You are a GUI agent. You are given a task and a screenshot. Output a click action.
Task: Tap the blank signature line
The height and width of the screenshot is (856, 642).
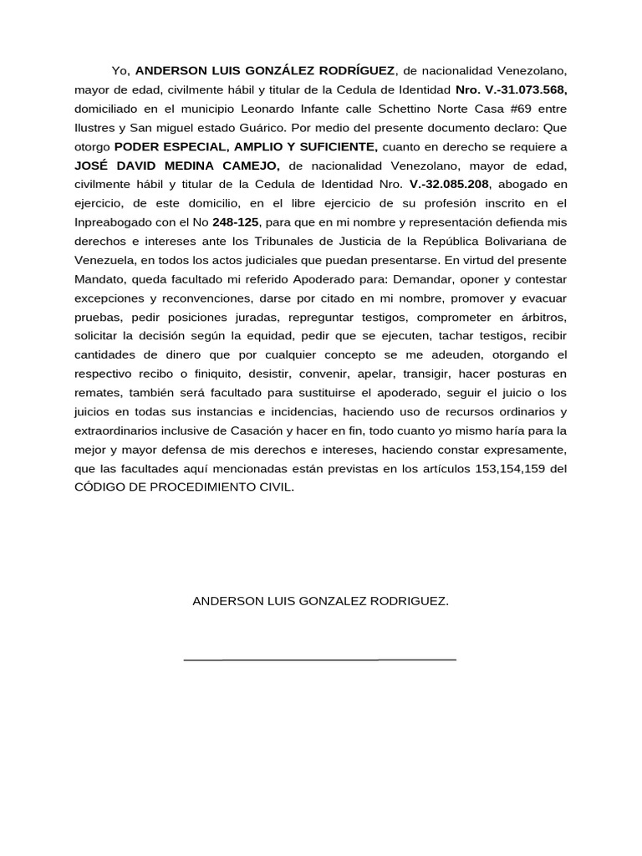click(x=319, y=660)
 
